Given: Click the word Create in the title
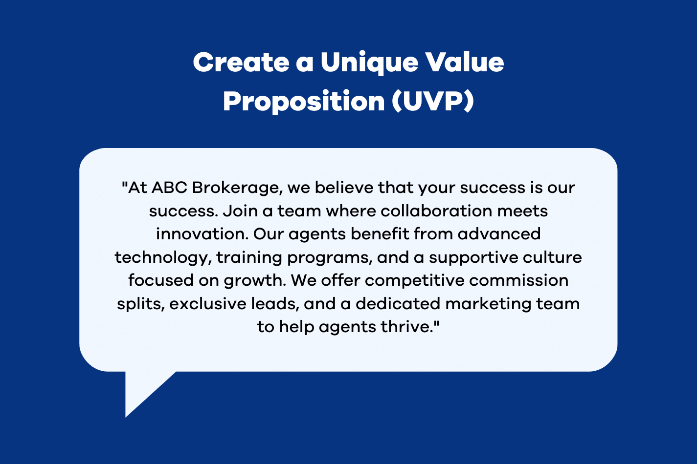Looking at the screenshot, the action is (241, 63).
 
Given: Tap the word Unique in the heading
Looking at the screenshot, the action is (369, 63).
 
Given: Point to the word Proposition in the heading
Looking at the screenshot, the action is (304, 102).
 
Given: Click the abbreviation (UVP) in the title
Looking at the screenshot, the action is (432, 101).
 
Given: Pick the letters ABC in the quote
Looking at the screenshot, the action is (169, 188).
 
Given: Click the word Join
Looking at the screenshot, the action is (240, 211).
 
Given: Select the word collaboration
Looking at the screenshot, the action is (436, 211).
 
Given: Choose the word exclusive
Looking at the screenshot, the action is (207, 304).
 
